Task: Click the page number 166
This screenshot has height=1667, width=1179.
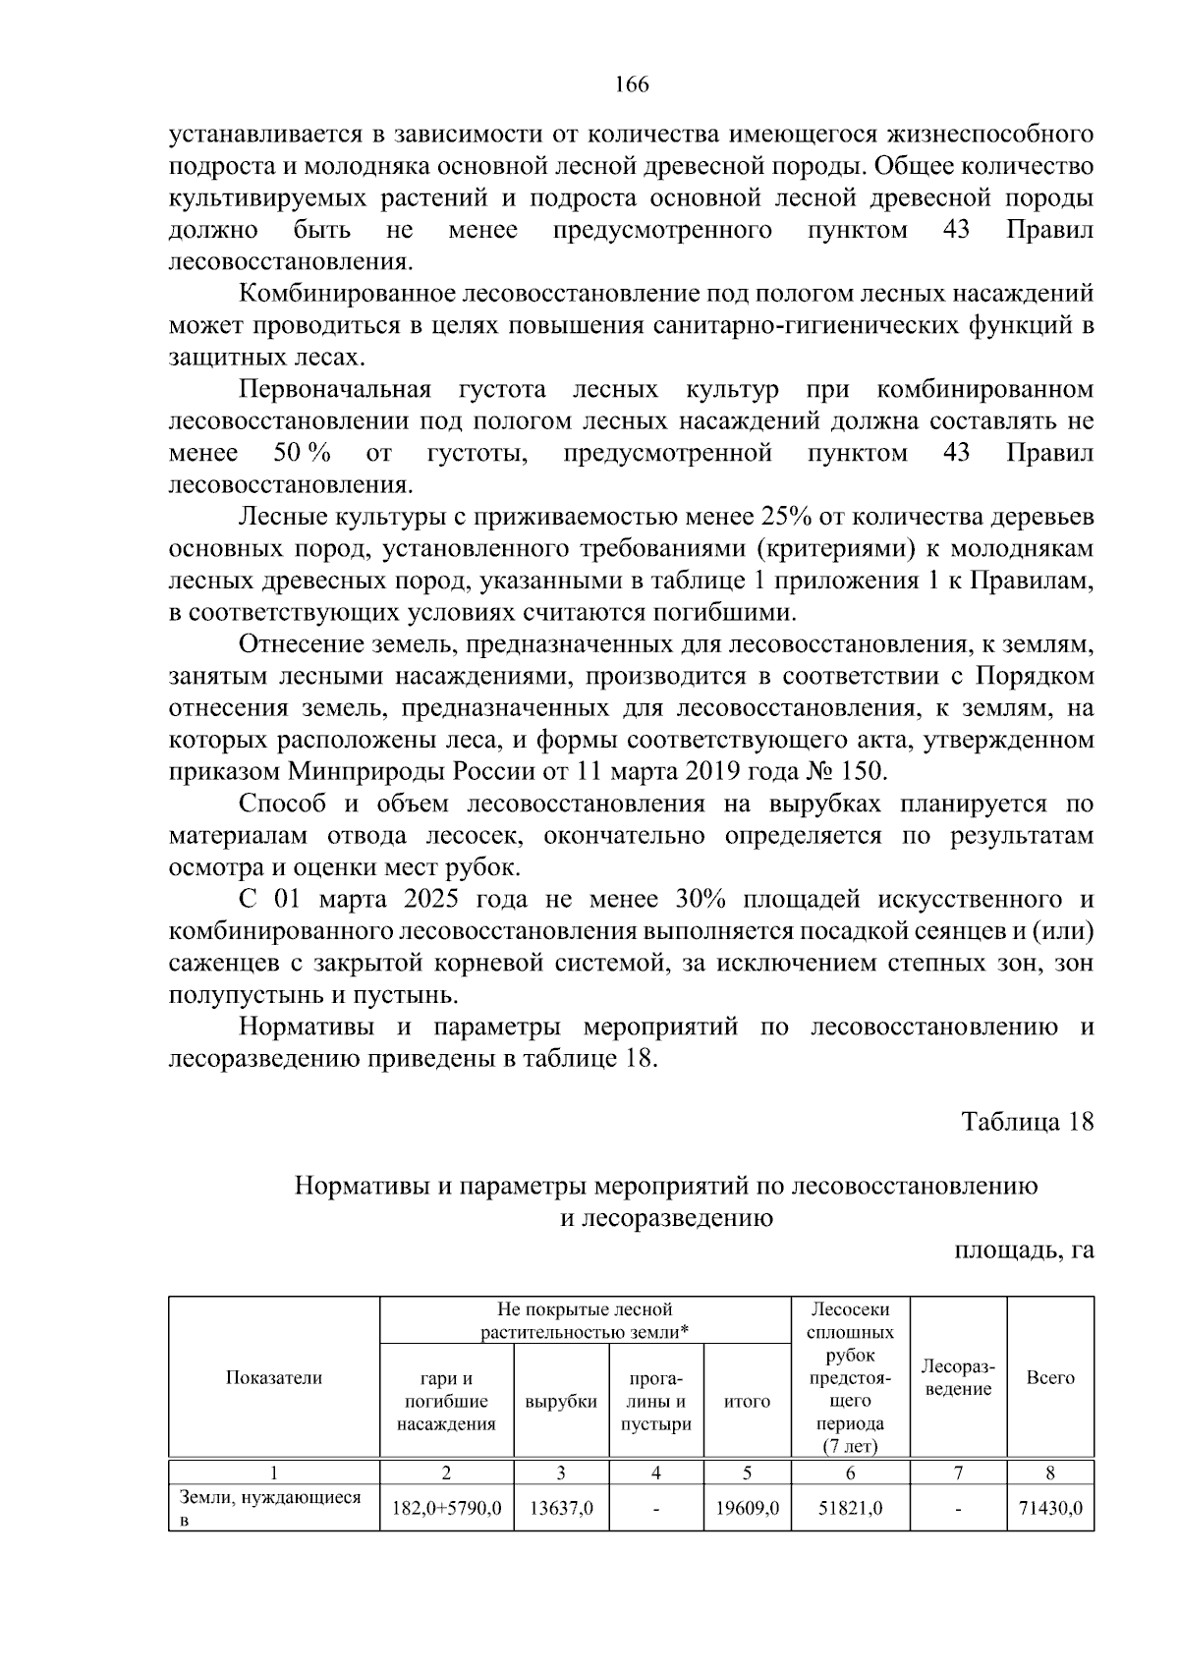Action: click(x=632, y=85)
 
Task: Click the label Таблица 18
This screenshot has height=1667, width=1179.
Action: click(x=1027, y=1122)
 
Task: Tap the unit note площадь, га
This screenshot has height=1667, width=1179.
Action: click(x=1023, y=1250)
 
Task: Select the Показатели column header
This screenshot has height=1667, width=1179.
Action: click(x=274, y=1377)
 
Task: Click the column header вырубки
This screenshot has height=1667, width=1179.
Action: click(x=561, y=1402)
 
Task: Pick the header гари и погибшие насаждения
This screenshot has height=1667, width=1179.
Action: click(x=447, y=1402)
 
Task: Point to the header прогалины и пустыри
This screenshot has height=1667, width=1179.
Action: click(x=656, y=1402)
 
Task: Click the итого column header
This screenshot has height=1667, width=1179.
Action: click(x=747, y=1402)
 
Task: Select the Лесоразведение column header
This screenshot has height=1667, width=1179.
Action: click(x=958, y=1377)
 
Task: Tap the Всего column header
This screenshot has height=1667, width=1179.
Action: click(x=1050, y=1377)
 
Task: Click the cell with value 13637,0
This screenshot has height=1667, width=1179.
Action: click(x=561, y=1508)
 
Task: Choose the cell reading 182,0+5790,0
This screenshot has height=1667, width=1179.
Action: click(x=447, y=1508)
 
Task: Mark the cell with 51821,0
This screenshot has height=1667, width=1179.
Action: click(x=850, y=1508)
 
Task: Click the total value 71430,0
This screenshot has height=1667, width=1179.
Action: click(x=1050, y=1508)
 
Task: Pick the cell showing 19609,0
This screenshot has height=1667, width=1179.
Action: click(x=747, y=1508)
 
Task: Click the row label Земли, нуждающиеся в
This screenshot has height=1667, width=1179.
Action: click(x=270, y=1508)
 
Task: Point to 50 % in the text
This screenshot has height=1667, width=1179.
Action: click(x=302, y=453)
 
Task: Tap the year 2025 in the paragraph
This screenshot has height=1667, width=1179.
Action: click(x=431, y=899)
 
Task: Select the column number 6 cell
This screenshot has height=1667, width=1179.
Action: click(x=850, y=1473)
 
